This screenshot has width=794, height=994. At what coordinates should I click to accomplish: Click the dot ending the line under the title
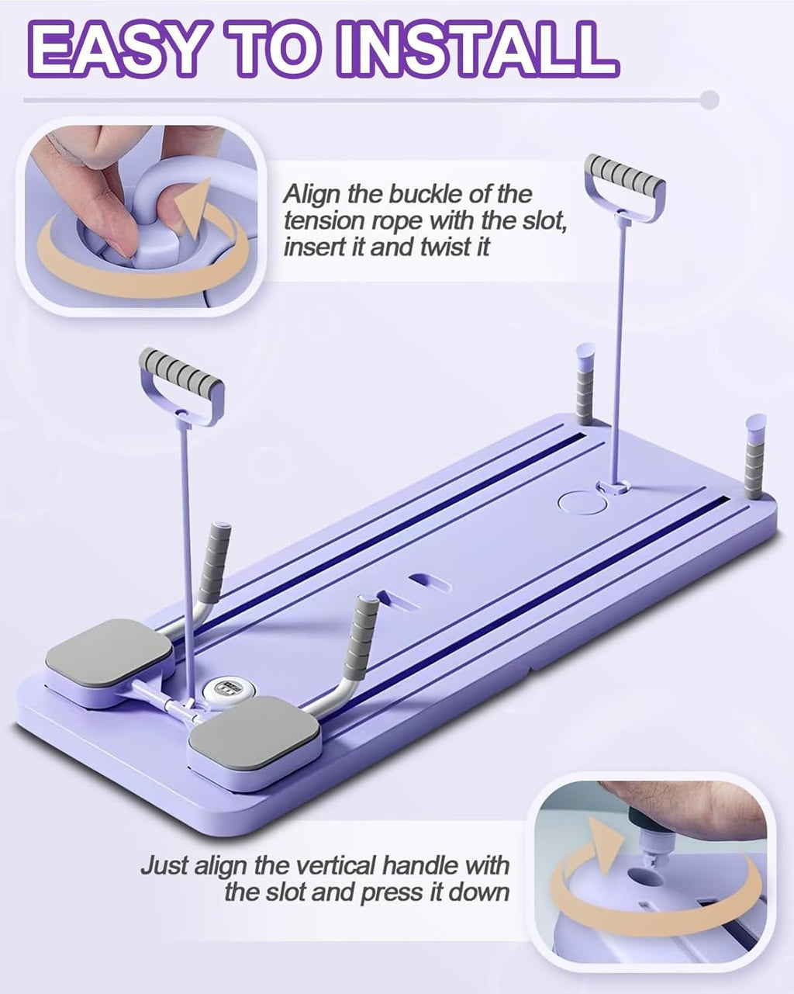coord(708,99)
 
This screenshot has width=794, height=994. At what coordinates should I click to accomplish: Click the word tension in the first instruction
coord(323,221)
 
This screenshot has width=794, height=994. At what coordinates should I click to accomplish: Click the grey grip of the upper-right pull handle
coord(625,175)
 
